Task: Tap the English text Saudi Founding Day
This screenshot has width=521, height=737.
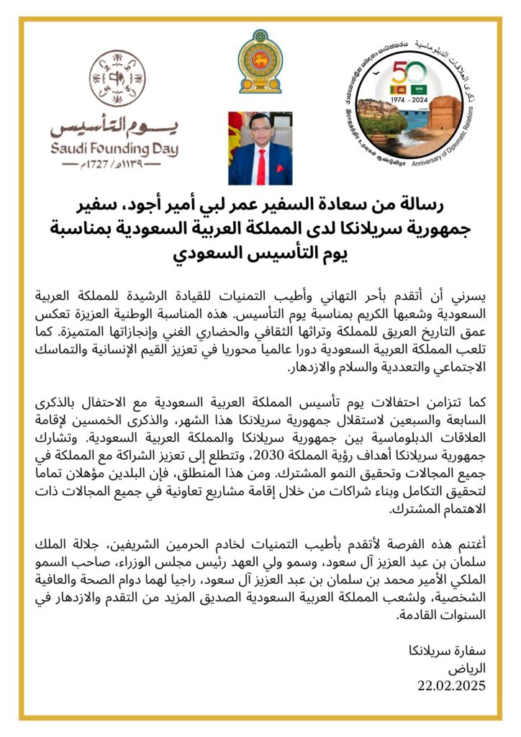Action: coord(114,149)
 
